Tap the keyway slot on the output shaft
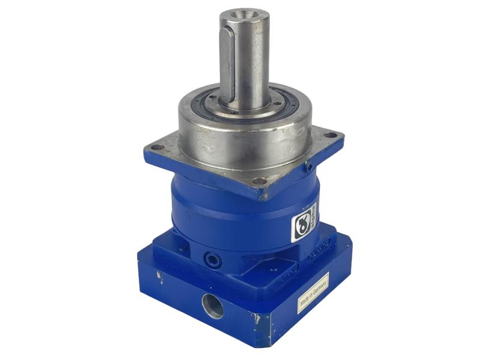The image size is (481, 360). click(227, 66)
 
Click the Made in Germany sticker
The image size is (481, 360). click(313, 293)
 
